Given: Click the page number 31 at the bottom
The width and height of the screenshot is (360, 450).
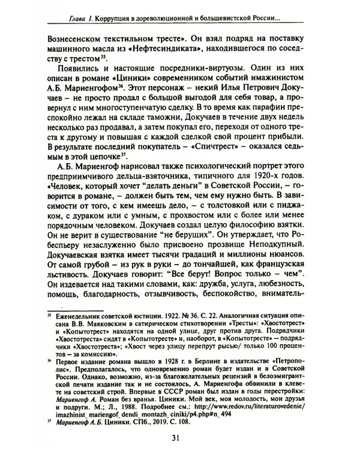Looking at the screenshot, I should point(181,437).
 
